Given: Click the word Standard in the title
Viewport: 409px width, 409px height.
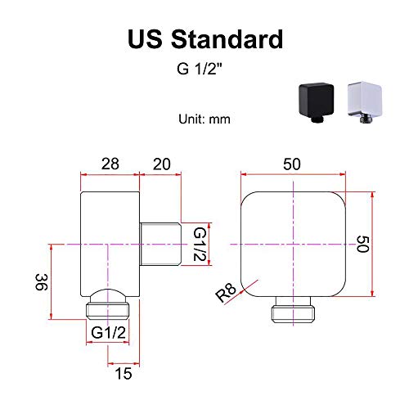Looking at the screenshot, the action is (x=227, y=39).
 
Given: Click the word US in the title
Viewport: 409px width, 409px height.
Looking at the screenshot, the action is (x=145, y=39).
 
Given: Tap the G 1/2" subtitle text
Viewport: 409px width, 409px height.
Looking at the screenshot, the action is (x=200, y=69).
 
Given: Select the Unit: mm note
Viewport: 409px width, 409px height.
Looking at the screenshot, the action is (x=204, y=119).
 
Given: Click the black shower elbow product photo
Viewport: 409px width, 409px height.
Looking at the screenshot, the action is (x=317, y=102).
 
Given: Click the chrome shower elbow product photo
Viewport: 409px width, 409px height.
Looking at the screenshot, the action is (x=365, y=102).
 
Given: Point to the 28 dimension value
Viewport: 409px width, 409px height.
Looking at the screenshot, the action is (x=110, y=164).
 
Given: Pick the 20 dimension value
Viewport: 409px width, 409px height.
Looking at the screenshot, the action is (x=162, y=164).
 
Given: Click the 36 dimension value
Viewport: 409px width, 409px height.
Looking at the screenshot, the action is (x=42, y=282).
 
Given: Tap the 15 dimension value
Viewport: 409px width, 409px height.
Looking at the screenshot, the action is (x=124, y=373).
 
